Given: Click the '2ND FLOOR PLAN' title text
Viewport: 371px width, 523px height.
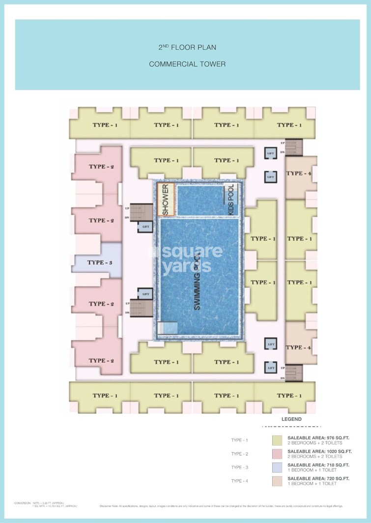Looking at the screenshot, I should click(x=187, y=48).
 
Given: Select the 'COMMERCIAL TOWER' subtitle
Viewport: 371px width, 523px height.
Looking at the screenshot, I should click(x=187, y=64).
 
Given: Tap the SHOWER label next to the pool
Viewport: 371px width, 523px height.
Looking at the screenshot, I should click(x=166, y=200).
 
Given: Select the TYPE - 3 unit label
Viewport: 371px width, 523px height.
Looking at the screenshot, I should click(x=100, y=262).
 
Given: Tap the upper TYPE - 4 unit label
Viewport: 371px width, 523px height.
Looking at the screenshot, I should click(x=299, y=173).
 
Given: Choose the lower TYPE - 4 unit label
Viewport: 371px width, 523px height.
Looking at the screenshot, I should click(x=299, y=348).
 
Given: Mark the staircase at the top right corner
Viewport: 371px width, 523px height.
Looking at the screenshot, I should click(x=295, y=147).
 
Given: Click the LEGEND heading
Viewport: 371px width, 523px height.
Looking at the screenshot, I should click(x=291, y=419).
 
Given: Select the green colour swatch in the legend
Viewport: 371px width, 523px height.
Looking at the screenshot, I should click(x=278, y=440).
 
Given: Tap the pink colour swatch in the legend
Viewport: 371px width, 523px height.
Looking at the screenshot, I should click(x=278, y=454).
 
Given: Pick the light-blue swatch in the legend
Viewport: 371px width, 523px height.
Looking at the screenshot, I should click(x=278, y=467).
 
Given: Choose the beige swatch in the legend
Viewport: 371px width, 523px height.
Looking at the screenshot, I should click(x=278, y=481).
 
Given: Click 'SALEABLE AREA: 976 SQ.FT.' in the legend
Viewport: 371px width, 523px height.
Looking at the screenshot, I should click(x=319, y=437).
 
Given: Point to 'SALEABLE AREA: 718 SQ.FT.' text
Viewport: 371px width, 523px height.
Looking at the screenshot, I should click(x=319, y=465).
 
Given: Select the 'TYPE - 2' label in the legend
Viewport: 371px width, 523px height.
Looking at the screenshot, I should click(x=240, y=454).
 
